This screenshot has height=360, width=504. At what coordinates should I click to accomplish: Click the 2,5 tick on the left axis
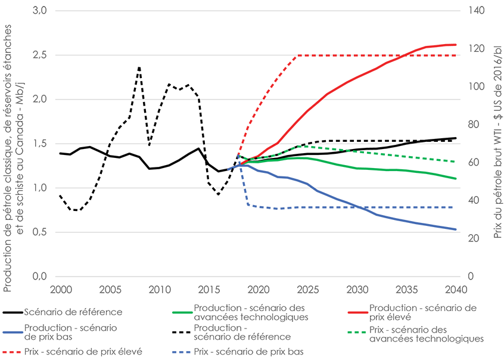[x=38, y=55]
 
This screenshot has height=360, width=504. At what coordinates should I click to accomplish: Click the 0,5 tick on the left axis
[x=38, y=232]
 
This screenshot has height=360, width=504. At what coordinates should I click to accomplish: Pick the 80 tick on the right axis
[x=475, y=125]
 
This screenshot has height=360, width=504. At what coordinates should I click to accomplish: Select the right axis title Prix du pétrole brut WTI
[x=497, y=143]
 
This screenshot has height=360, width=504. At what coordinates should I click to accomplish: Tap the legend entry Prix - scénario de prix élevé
[x=85, y=352]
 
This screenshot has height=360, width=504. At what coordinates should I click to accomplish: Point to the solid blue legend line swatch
[x=11, y=332]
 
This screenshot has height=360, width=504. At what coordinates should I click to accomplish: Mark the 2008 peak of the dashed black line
[x=139, y=67]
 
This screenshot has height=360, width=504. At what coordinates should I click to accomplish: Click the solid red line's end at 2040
[x=456, y=45]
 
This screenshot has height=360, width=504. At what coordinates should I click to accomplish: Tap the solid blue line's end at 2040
[x=456, y=229]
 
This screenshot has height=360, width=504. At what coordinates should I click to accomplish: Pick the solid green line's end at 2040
[x=456, y=178]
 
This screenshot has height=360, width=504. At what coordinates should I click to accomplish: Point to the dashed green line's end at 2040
[x=456, y=162]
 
